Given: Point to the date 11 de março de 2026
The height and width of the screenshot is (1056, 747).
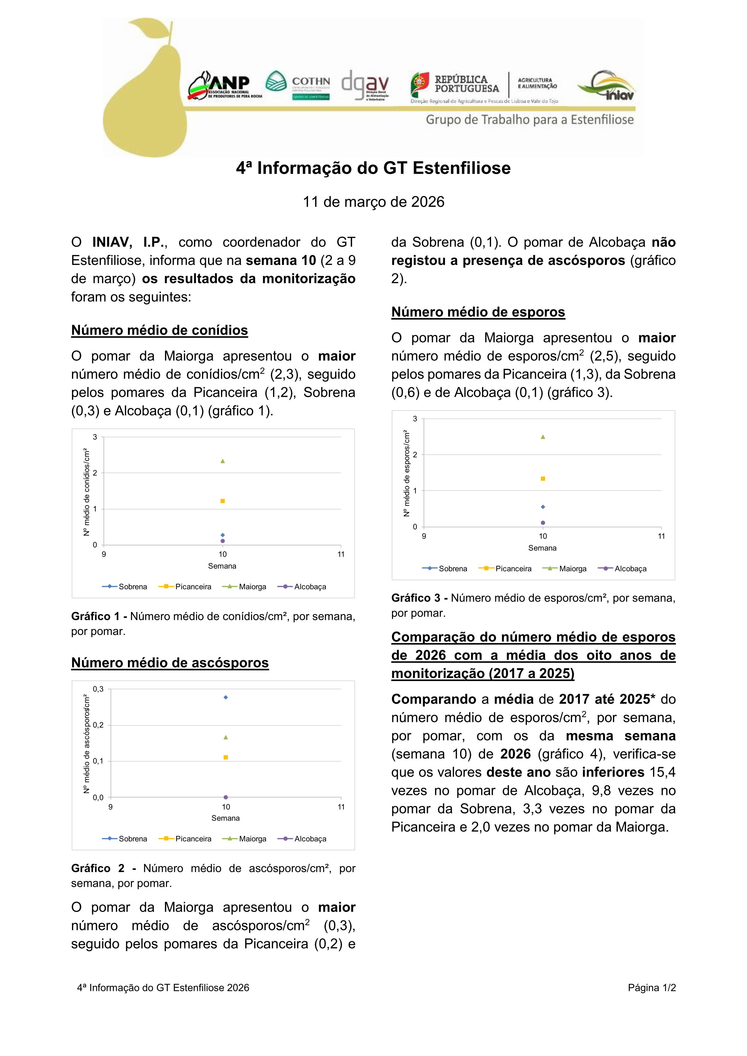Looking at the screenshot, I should tap(373, 202).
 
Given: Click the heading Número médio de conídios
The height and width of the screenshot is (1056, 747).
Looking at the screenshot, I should tap(159, 330).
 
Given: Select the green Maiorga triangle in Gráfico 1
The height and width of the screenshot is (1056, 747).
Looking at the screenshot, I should tap(223, 461).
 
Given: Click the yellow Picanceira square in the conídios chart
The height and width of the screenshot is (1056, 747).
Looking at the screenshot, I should tap(223, 501).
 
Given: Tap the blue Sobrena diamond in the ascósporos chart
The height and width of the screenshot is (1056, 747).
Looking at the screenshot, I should tap(226, 697).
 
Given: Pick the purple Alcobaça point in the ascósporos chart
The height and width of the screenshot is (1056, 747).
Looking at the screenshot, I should tap(226, 797).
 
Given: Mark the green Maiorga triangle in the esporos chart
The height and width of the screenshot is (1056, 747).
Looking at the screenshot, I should tap(543, 437).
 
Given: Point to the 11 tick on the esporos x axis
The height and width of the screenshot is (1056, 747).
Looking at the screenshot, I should tap(661, 536).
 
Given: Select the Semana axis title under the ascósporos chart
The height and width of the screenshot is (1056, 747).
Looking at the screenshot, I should tap(226, 818).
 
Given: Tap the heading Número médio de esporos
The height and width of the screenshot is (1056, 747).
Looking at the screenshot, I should tap(478, 312).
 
